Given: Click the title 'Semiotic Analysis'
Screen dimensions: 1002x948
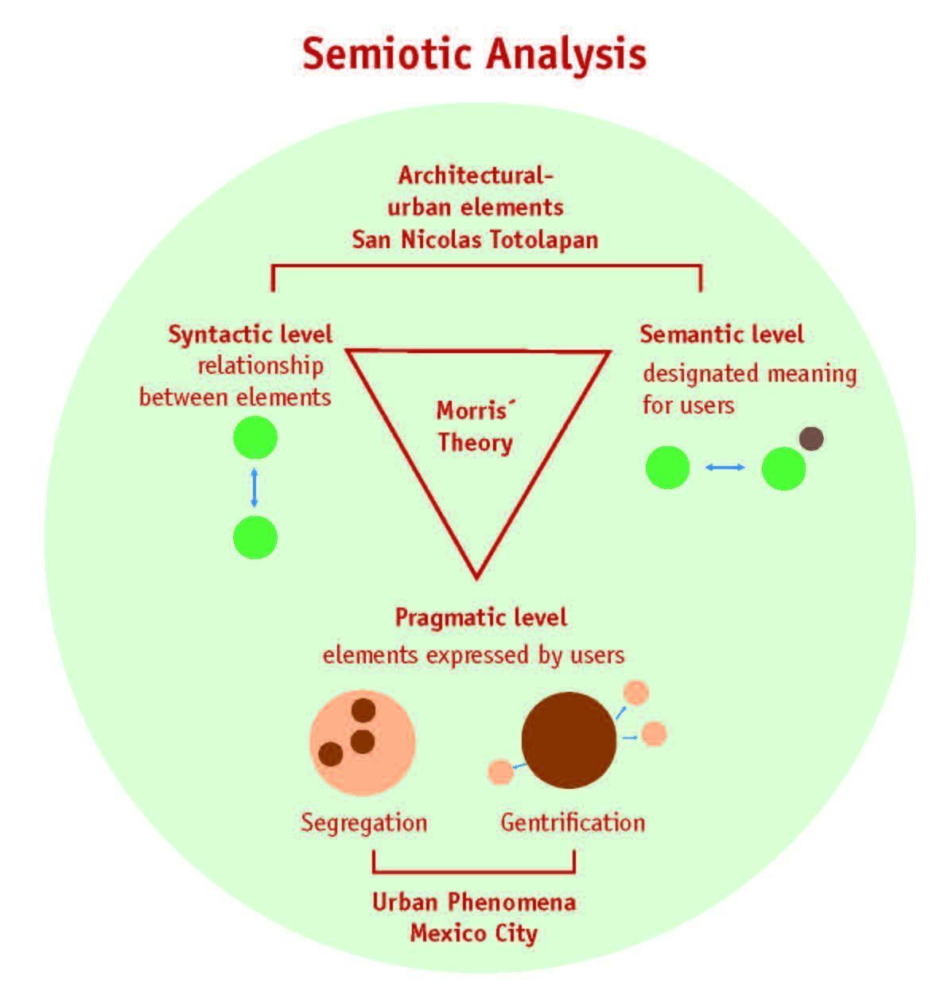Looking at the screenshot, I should pyautogui.click(x=474, y=53).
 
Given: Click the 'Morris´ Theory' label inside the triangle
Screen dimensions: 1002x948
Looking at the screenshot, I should pyautogui.click(x=474, y=426).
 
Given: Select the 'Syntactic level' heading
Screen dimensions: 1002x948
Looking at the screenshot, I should pyautogui.click(x=250, y=334).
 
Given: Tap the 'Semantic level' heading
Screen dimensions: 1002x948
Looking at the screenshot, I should pyautogui.click(x=721, y=334).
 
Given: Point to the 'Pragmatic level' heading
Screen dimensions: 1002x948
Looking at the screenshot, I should pyautogui.click(x=481, y=617).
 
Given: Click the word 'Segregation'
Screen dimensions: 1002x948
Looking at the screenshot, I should pyautogui.click(x=363, y=821).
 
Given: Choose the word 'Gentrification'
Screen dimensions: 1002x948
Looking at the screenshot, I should pyautogui.click(x=573, y=821).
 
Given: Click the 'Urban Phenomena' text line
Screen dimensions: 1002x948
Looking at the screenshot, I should pyautogui.click(x=474, y=902).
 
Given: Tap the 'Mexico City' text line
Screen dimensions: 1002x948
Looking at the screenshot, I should pyautogui.click(x=474, y=932).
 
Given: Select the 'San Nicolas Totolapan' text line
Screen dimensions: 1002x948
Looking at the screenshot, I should pyautogui.click(x=475, y=239).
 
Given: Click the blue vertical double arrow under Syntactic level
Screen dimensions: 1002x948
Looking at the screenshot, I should pyautogui.click(x=254, y=488).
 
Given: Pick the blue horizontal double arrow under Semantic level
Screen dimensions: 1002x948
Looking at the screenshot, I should pyautogui.click(x=725, y=468).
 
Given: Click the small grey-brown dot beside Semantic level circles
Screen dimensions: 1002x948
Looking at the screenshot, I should pyautogui.click(x=811, y=438).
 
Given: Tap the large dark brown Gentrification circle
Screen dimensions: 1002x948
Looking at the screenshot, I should pyautogui.click(x=569, y=740).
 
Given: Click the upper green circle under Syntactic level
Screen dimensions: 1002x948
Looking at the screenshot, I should pyautogui.click(x=254, y=437).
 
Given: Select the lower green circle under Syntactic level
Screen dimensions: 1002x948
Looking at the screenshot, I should pyautogui.click(x=254, y=538).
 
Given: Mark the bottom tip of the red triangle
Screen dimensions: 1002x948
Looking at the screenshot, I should pyautogui.click(x=476, y=574).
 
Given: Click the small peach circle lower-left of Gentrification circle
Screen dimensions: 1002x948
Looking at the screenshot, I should pyautogui.click(x=499, y=771).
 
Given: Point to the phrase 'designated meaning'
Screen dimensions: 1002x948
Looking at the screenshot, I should pyautogui.click(x=749, y=373).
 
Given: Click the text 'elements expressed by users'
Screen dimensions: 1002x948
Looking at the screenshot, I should pyautogui.click(x=473, y=655).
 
